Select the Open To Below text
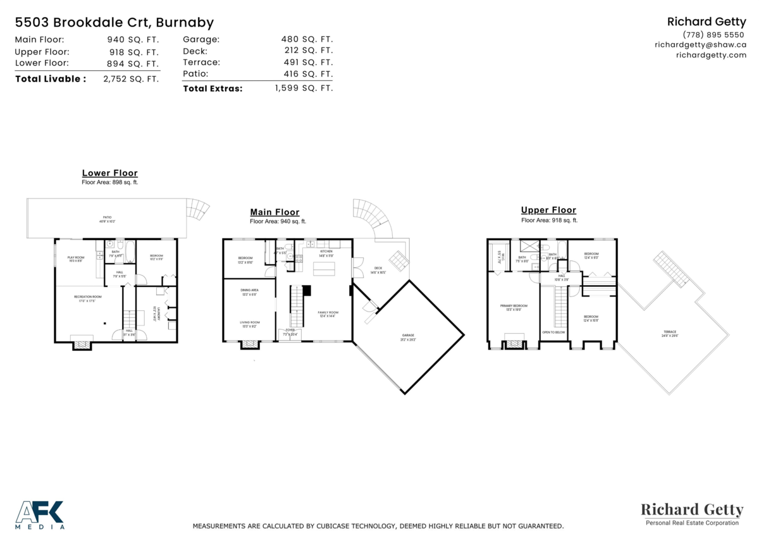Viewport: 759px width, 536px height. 553,332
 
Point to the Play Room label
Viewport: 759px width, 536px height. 76,259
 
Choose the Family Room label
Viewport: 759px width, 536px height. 328,314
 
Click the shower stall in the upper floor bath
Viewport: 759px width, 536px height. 528,247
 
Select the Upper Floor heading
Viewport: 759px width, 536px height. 548,210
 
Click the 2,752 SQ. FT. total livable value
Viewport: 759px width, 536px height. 131,79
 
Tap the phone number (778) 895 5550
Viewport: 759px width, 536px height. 713,34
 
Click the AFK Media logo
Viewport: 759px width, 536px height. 39,514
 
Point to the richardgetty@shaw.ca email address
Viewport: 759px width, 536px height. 700,45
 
